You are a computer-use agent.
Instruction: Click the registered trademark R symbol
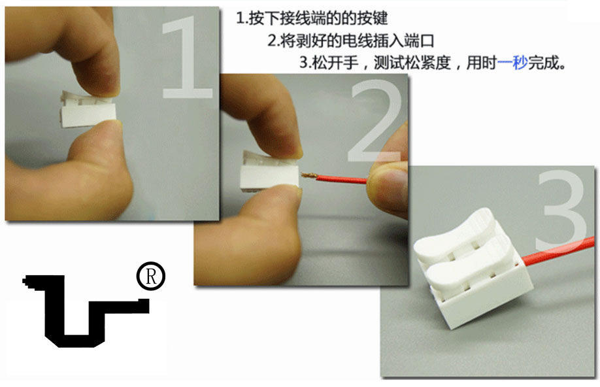click(151, 276)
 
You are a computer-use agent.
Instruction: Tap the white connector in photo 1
click(88, 110)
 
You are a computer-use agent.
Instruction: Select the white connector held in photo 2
click(269, 171)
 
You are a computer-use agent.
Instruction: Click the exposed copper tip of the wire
click(309, 176)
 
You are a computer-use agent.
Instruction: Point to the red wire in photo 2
click(341, 178)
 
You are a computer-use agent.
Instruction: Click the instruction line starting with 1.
click(312, 18)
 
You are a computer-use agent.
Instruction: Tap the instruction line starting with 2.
click(351, 41)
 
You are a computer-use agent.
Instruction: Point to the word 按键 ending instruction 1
click(373, 18)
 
